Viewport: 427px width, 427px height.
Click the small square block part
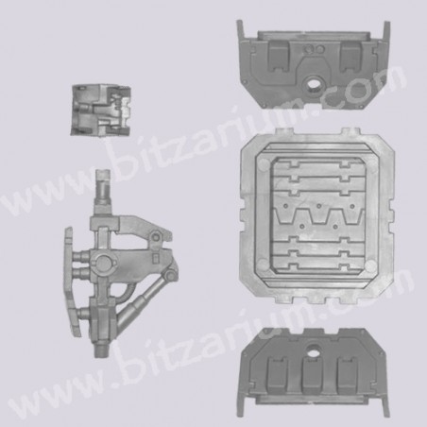point(101,111)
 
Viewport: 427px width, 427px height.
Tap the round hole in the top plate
point(314,83)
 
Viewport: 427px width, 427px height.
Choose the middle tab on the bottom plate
point(313,375)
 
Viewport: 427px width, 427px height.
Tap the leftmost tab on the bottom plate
point(278,375)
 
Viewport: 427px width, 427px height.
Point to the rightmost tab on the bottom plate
point(348,375)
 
